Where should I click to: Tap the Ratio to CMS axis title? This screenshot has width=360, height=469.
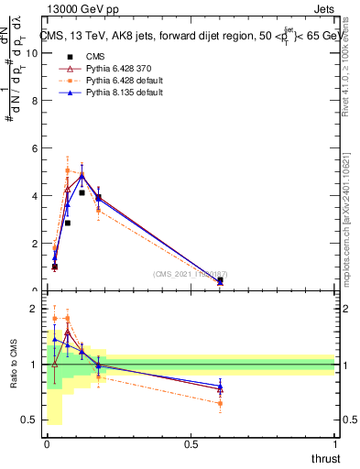click(13, 365)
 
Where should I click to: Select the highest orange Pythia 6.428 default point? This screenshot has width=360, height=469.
click(68, 170)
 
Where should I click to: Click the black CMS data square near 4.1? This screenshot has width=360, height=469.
click(82, 193)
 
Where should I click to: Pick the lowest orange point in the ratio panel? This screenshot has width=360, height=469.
click(220, 403)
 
